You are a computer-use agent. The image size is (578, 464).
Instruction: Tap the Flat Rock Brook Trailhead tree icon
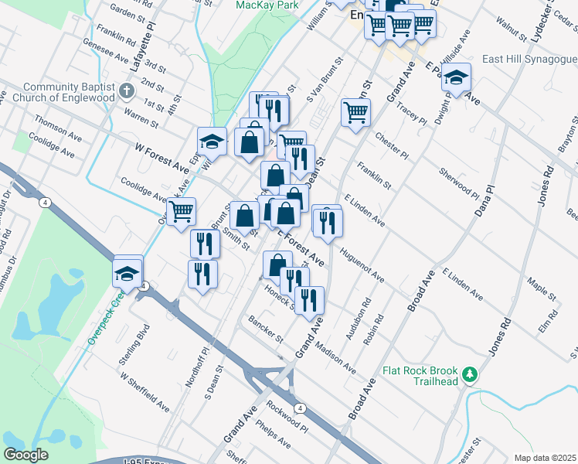(468, 376)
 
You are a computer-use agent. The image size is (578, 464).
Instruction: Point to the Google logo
(25, 455)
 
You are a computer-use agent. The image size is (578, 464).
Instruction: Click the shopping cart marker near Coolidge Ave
(181, 210)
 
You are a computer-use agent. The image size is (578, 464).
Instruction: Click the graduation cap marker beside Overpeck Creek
(127, 272)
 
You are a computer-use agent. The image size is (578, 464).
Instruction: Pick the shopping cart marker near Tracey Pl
(355, 112)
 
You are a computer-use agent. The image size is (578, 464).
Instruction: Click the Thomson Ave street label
(59, 129)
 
